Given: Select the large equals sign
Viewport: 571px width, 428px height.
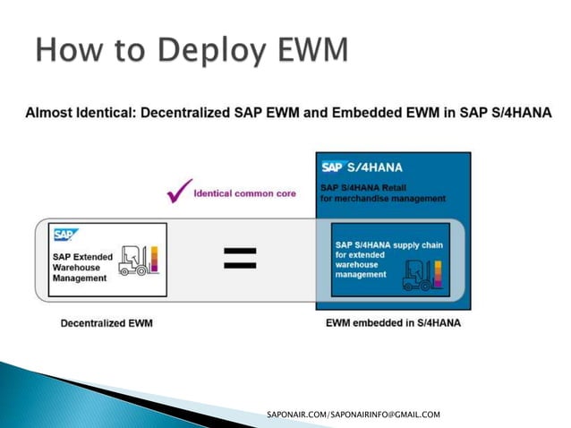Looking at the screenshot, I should point(239,259).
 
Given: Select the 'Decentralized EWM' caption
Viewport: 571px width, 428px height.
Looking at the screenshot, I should point(106,322).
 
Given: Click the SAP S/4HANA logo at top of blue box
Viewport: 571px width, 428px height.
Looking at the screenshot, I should point(363,167).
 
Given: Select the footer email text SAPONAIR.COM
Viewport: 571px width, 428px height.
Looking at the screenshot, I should point(354,415).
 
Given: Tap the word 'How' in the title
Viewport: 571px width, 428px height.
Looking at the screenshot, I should point(64,50).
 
